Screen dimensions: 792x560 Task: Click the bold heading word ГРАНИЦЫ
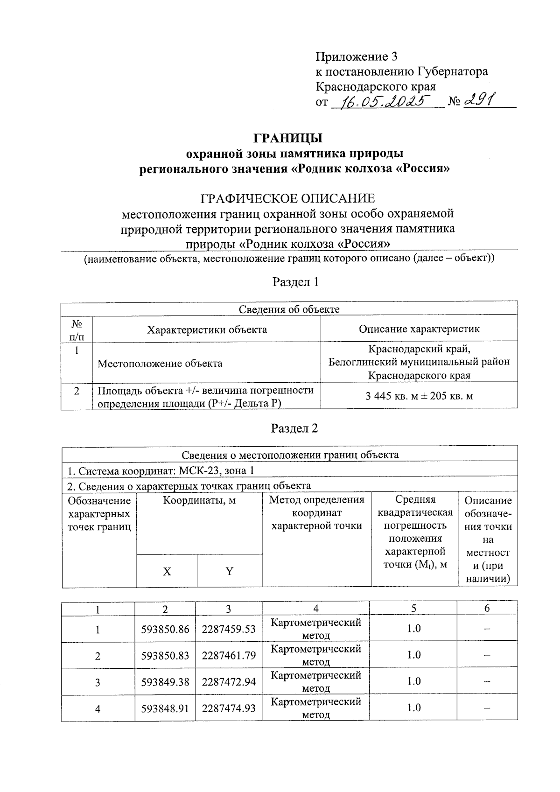click(x=288, y=138)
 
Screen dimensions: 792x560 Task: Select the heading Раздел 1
click(x=295, y=282)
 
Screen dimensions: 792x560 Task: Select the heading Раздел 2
click(x=294, y=428)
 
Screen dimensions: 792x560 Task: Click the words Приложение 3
click(x=357, y=57)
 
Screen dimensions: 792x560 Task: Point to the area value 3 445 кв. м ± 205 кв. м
click(x=419, y=396)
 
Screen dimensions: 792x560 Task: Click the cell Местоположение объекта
click(x=160, y=363)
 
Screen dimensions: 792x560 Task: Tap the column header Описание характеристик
click(x=419, y=329)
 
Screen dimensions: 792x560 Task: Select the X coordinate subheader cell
click(x=167, y=571)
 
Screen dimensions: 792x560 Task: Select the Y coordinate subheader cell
click(x=229, y=571)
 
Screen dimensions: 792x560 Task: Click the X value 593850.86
click(x=165, y=629)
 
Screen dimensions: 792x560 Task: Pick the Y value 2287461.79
click(x=229, y=656)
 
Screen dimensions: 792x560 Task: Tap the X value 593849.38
click(x=165, y=682)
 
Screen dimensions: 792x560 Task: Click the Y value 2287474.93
click(x=229, y=708)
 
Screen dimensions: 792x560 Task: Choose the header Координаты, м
click(x=199, y=501)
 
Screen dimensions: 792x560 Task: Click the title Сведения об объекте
click(x=289, y=309)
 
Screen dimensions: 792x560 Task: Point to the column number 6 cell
click(x=487, y=608)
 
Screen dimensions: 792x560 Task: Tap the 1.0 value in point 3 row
click(x=413, y=681)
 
